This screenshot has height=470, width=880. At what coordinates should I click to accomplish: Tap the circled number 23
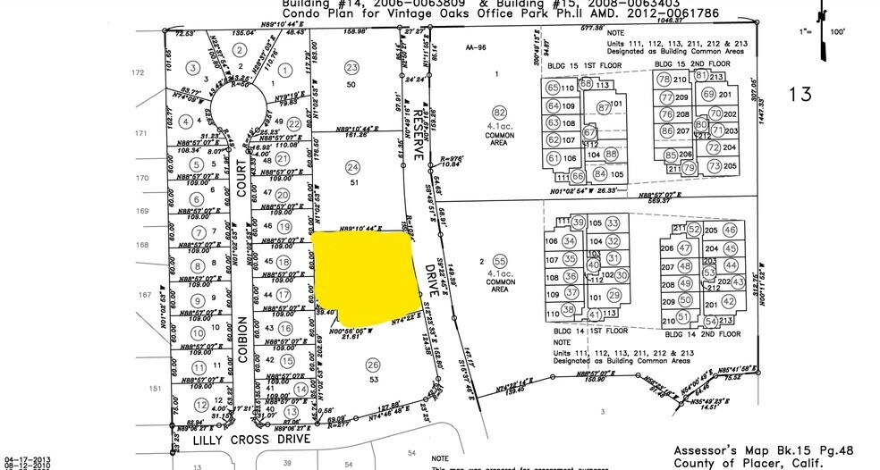pyautogui.click(x=351, y=68)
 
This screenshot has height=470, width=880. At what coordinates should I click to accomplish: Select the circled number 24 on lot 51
pyautogui.click(x=352, y=167)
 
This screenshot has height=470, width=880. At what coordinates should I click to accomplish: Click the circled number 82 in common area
pyautogui.click(x=500, y=112)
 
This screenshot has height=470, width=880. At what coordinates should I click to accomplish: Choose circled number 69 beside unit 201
pyautogui.click(x=708, y=95)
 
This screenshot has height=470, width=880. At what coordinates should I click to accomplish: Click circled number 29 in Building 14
pyautogui.click(x=613, y=295)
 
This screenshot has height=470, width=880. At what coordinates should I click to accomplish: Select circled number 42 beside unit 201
pyautogui.click(x=729, y=302)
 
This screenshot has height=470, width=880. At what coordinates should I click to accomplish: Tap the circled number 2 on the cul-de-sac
pyautogui.click(x=239, y=49)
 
